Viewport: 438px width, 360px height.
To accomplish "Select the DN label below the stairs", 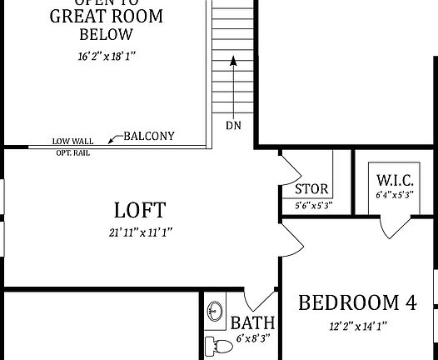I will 233,126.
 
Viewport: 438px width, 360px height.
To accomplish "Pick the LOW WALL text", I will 72,142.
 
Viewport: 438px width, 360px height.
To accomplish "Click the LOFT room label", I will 139,209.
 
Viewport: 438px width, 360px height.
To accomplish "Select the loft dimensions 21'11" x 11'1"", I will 139,232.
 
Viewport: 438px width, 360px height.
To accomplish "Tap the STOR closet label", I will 311,189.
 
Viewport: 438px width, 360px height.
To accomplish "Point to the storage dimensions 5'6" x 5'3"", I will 314,204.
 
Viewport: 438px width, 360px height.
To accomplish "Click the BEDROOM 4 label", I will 356,302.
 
